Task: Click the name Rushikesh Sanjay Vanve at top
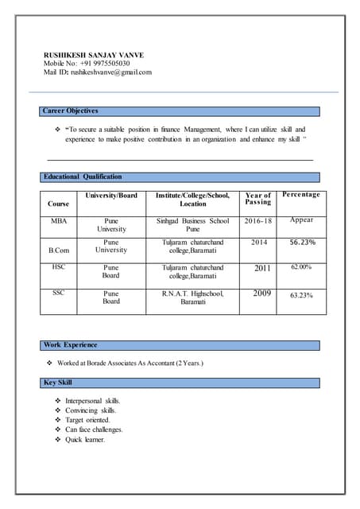pos(94,55)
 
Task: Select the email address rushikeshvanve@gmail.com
pos(110,72)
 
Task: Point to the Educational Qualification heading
pos(83,177)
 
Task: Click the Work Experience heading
pos(71,345)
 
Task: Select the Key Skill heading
pos(58,383)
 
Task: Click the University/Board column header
pos(111,195)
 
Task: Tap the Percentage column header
pos(301,195)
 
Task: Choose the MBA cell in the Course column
pos(59,220)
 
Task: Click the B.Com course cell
pos(60,251)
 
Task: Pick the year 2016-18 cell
pos(258,220)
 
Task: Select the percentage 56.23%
pos(302,243)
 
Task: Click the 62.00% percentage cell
pos(302,267)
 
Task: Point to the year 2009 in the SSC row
pos(262,293)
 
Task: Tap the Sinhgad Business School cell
pos(192,220)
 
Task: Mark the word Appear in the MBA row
pos(301,220)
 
